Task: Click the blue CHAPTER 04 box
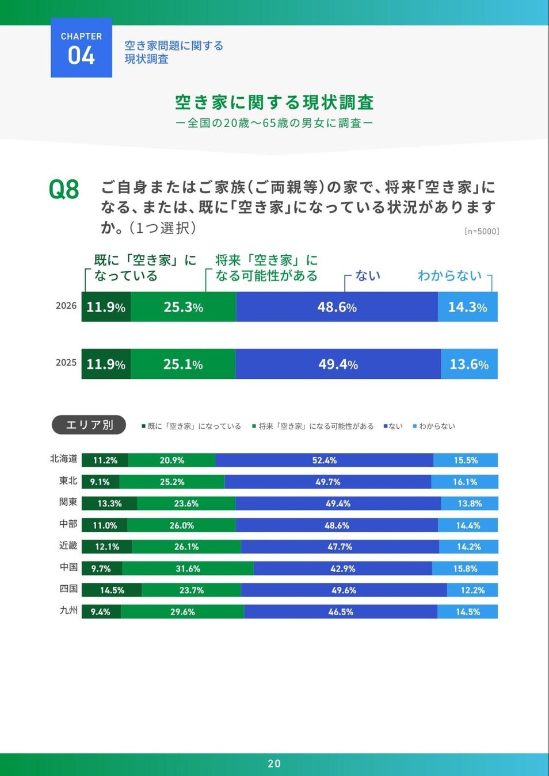pyautogui.click(x=81, y=48)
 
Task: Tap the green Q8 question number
pyautogui.click(x=64, y=190)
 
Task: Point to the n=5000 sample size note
pyautogui.click(x=482, y=231)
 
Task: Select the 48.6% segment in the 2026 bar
pyautogui.click(x=337, y=307)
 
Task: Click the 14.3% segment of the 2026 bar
pyautogui.click(x=468, y=307)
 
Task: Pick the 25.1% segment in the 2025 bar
pyautogui.click(x=183, y=364)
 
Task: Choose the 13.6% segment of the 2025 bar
pyautogui.click(x=469, y=364)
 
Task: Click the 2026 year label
pyautogui.click(x=66, y=306)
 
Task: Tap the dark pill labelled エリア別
pyautogui.click(x=89, y=425)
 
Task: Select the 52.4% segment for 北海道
pyautogui.click(x=324, y=460)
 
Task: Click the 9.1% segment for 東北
pyautogui.click(x=101, y=482)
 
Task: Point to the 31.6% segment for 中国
pyautogui.click(x=188, y=568)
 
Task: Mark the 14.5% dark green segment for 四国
pyautogui.click(x=112, y=590)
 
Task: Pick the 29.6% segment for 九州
pyautogui.click(x=182, y=612)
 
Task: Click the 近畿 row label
pyautogui.click(x=68, y=545)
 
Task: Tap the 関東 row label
pyautogui.click(x=68, y=502)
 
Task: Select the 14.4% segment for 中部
pyautogui.click(x=468, y=525)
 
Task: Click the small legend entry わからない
pyautogui.click(x=434, y=426)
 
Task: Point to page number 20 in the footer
pyautogui.click(x=274, y=763)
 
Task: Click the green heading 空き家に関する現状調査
pyautogui.click(x=274, y=102)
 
